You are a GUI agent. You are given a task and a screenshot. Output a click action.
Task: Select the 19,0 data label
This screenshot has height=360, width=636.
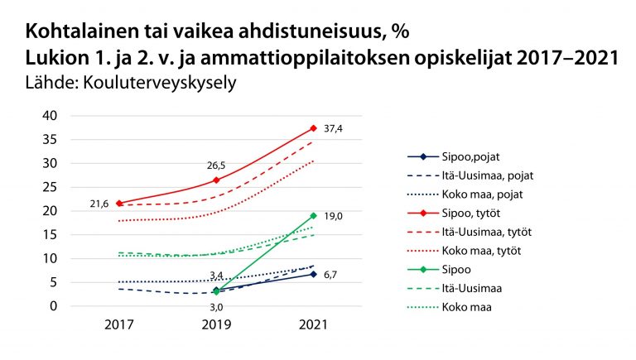coord(333,215)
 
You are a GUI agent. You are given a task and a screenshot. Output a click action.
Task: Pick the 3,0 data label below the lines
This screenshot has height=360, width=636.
coord(216,307)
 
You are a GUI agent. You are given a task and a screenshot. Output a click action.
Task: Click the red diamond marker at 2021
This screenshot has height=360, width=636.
coord(313,128)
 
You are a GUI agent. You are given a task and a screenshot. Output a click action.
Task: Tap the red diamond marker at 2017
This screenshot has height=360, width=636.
coord(119,203)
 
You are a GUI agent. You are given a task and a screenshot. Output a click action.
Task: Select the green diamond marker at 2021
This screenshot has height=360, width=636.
coord(313,215)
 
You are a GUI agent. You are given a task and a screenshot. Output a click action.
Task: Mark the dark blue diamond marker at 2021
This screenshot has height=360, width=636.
coord(313,274)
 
